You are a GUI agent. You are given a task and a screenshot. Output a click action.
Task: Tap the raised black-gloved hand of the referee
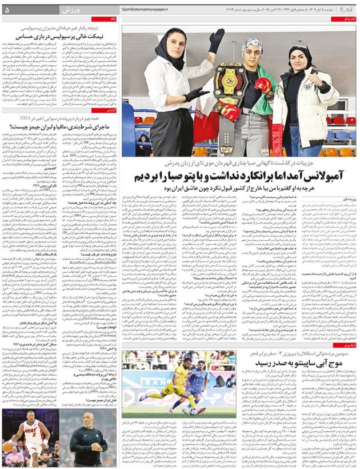pyautogui.click(x=216, y=41)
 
